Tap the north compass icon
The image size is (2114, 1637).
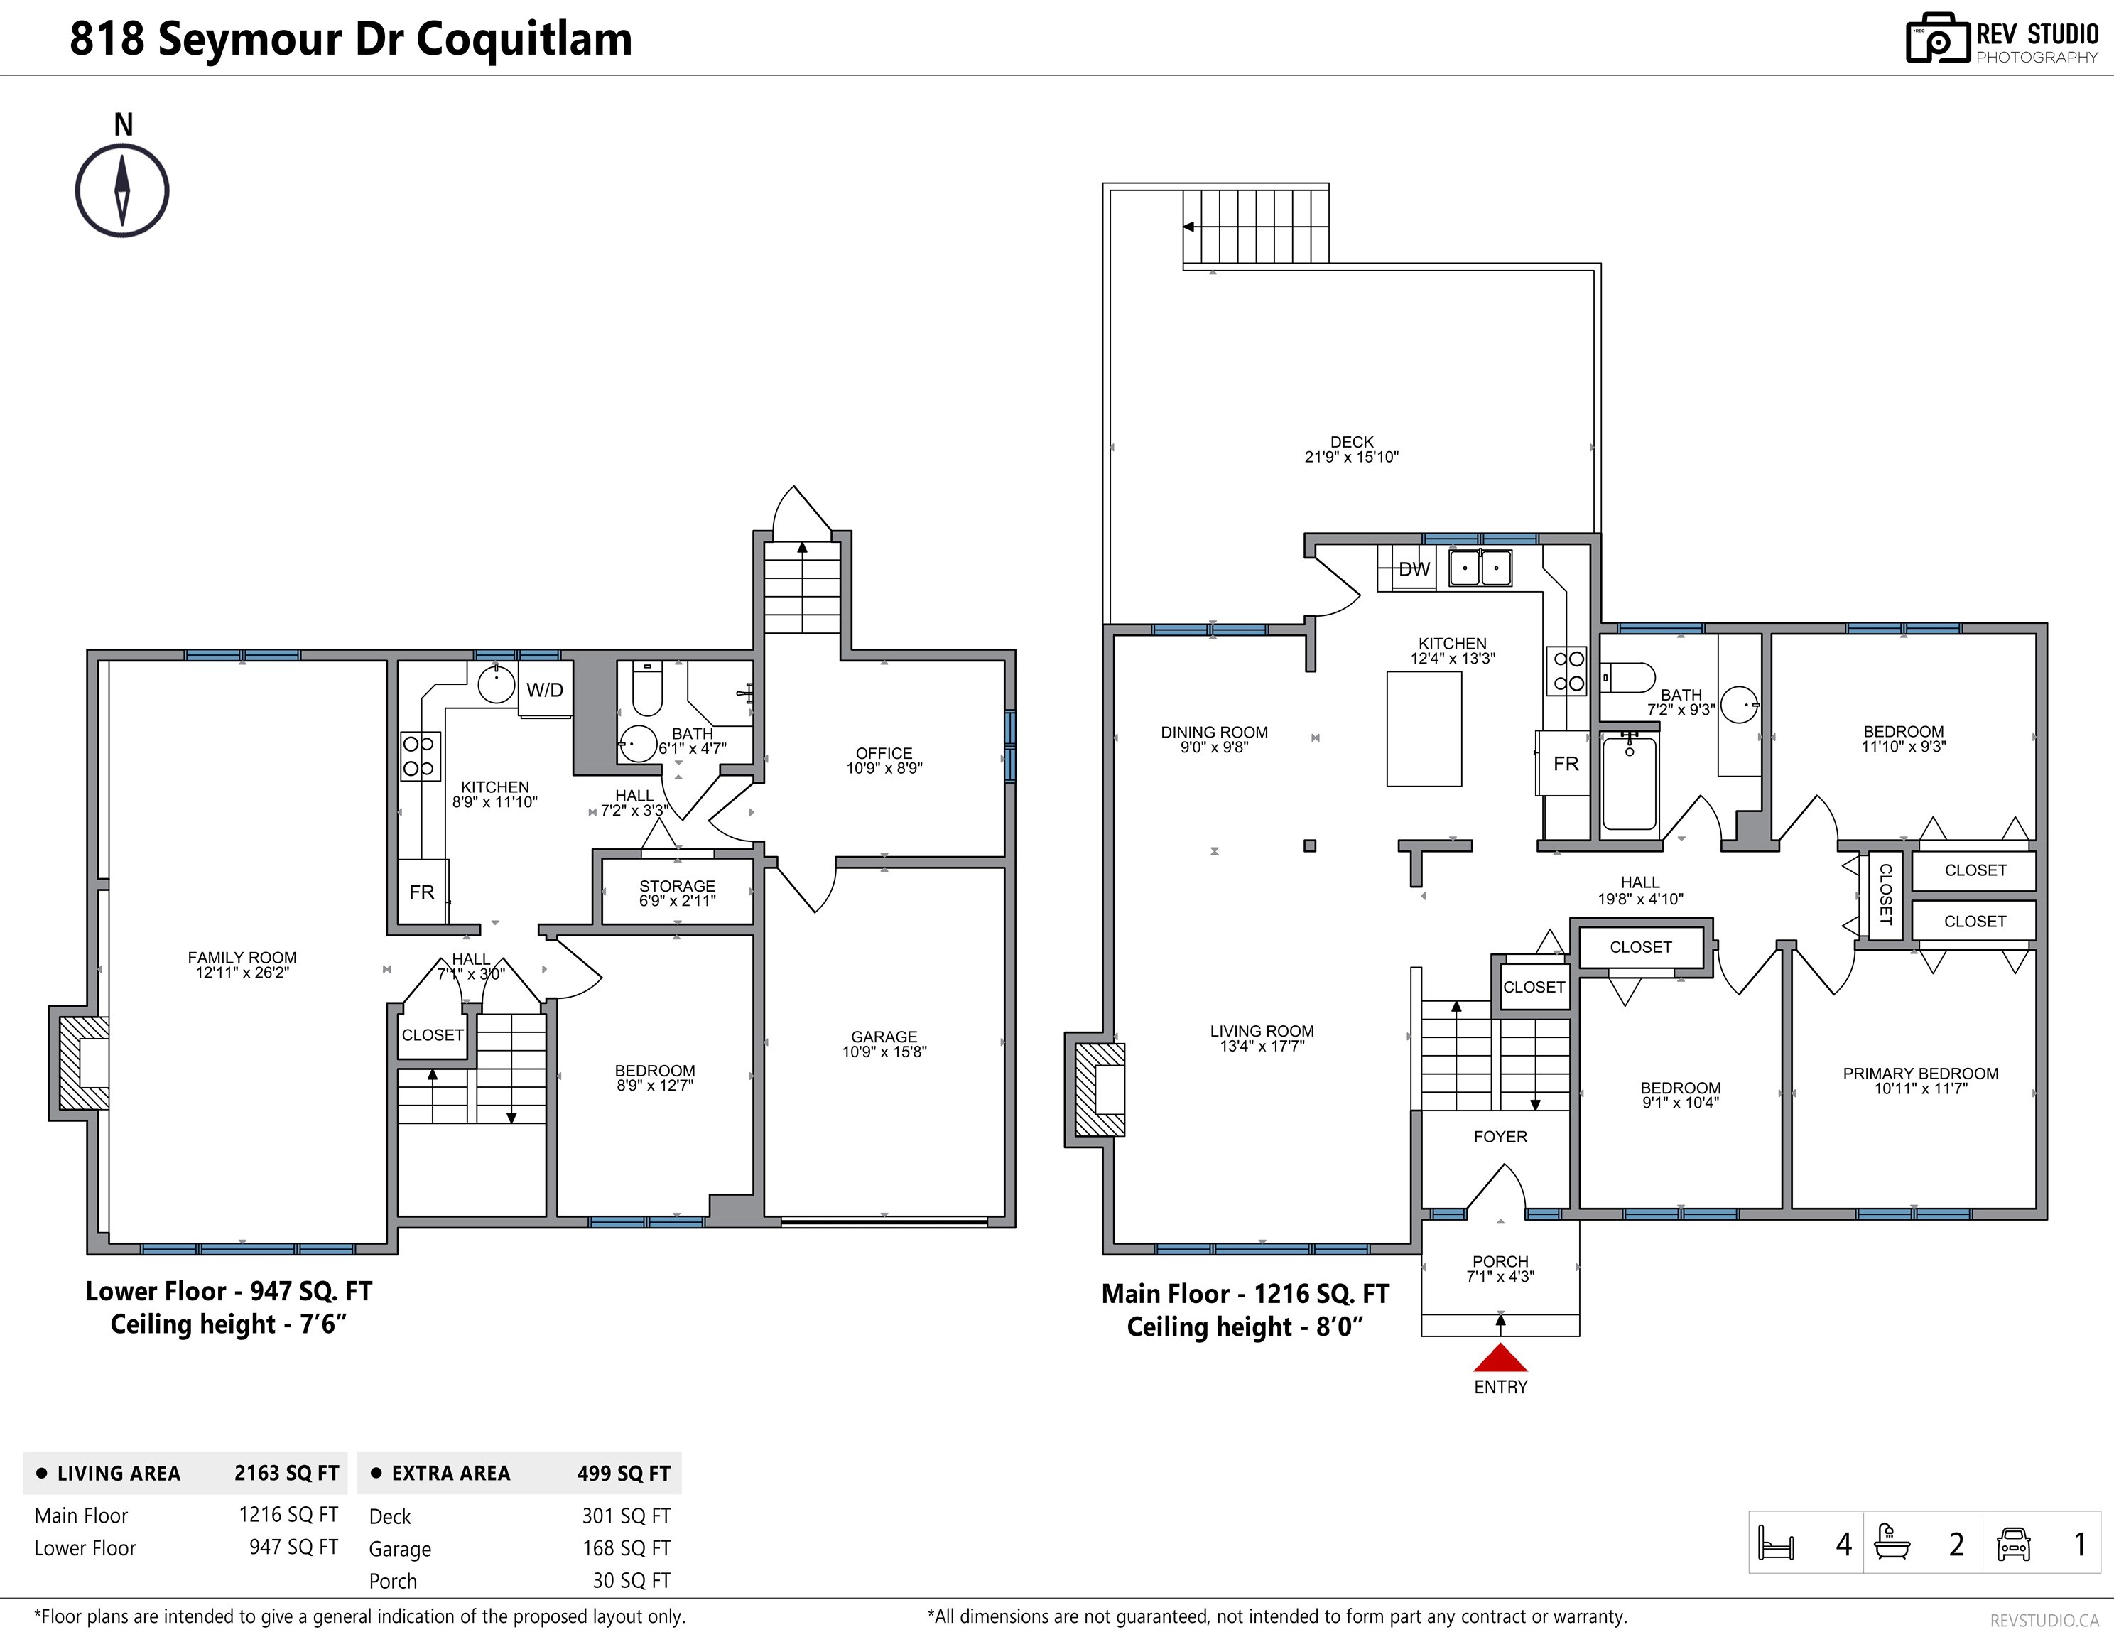(122, 190)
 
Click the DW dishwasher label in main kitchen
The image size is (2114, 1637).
(1414, 569)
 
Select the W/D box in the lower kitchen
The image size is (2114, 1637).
(545, 689)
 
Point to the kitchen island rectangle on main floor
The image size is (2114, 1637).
(1424, 729)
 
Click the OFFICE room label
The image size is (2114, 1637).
(884, 753)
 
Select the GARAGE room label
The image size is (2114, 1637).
(884, 1037)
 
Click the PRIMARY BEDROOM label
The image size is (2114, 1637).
(1920, 1074)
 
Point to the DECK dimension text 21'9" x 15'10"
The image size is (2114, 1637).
(1351, 457)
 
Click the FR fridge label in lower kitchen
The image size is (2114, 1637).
(421, 892)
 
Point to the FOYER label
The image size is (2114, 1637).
(1500, 1137)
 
